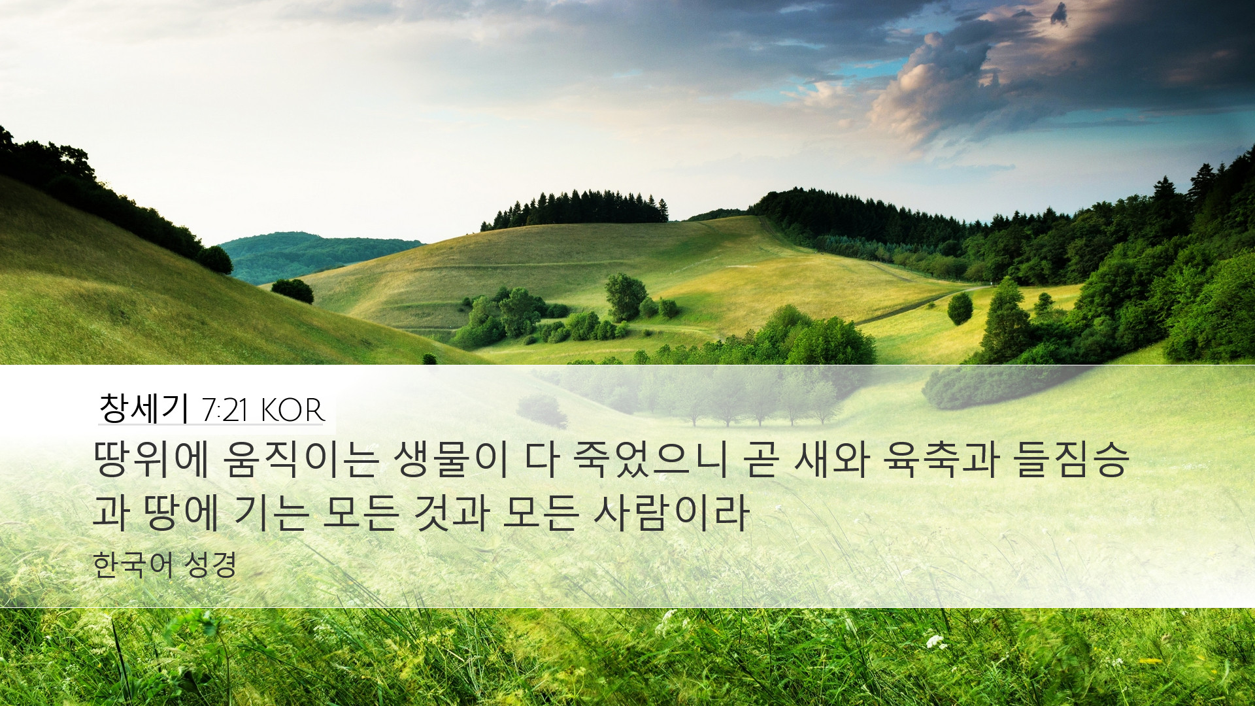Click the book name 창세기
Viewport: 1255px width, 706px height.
click(x=144, y=409)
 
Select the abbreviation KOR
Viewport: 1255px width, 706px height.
click(x=292, y=411)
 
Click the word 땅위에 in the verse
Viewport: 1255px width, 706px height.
click(x=151, y=459)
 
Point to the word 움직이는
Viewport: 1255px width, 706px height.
click(x=301, y=459)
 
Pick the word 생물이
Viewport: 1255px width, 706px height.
click(x=450, y=459)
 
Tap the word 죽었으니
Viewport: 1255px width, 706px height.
click(x=650, y=459)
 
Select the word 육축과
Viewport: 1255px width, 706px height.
click(x=941, y=459)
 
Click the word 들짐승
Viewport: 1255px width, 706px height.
click(x=1072, y=459)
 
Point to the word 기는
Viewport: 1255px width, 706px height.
click(x=271, y=512)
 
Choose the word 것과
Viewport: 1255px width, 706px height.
click(x=452, y=512)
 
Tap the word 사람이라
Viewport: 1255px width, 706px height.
click(x=671, y=512)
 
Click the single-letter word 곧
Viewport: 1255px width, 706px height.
click(x=761, y=460)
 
